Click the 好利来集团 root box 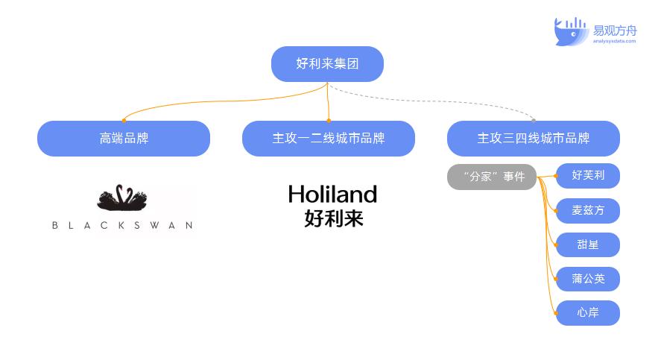tap(327, 64)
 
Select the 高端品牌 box tap(124, 139)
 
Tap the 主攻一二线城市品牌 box tap(328, 139)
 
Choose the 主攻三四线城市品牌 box tap(533, 139)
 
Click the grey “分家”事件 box tap(493, 177)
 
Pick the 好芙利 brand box tap(588, 176)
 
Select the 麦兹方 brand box tap(588, 210)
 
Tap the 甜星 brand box tap(588, 244)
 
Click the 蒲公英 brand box tap(588, 279)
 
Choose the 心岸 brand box tap(588, 313)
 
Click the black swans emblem tap(122, 198)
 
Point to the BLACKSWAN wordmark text tap(122, 225)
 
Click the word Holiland tap(332, 195)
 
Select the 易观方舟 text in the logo tap(615, 31)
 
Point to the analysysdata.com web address tap(615, 42)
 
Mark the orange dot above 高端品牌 tap(124, 120)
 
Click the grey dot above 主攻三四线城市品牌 tap(533, 120)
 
